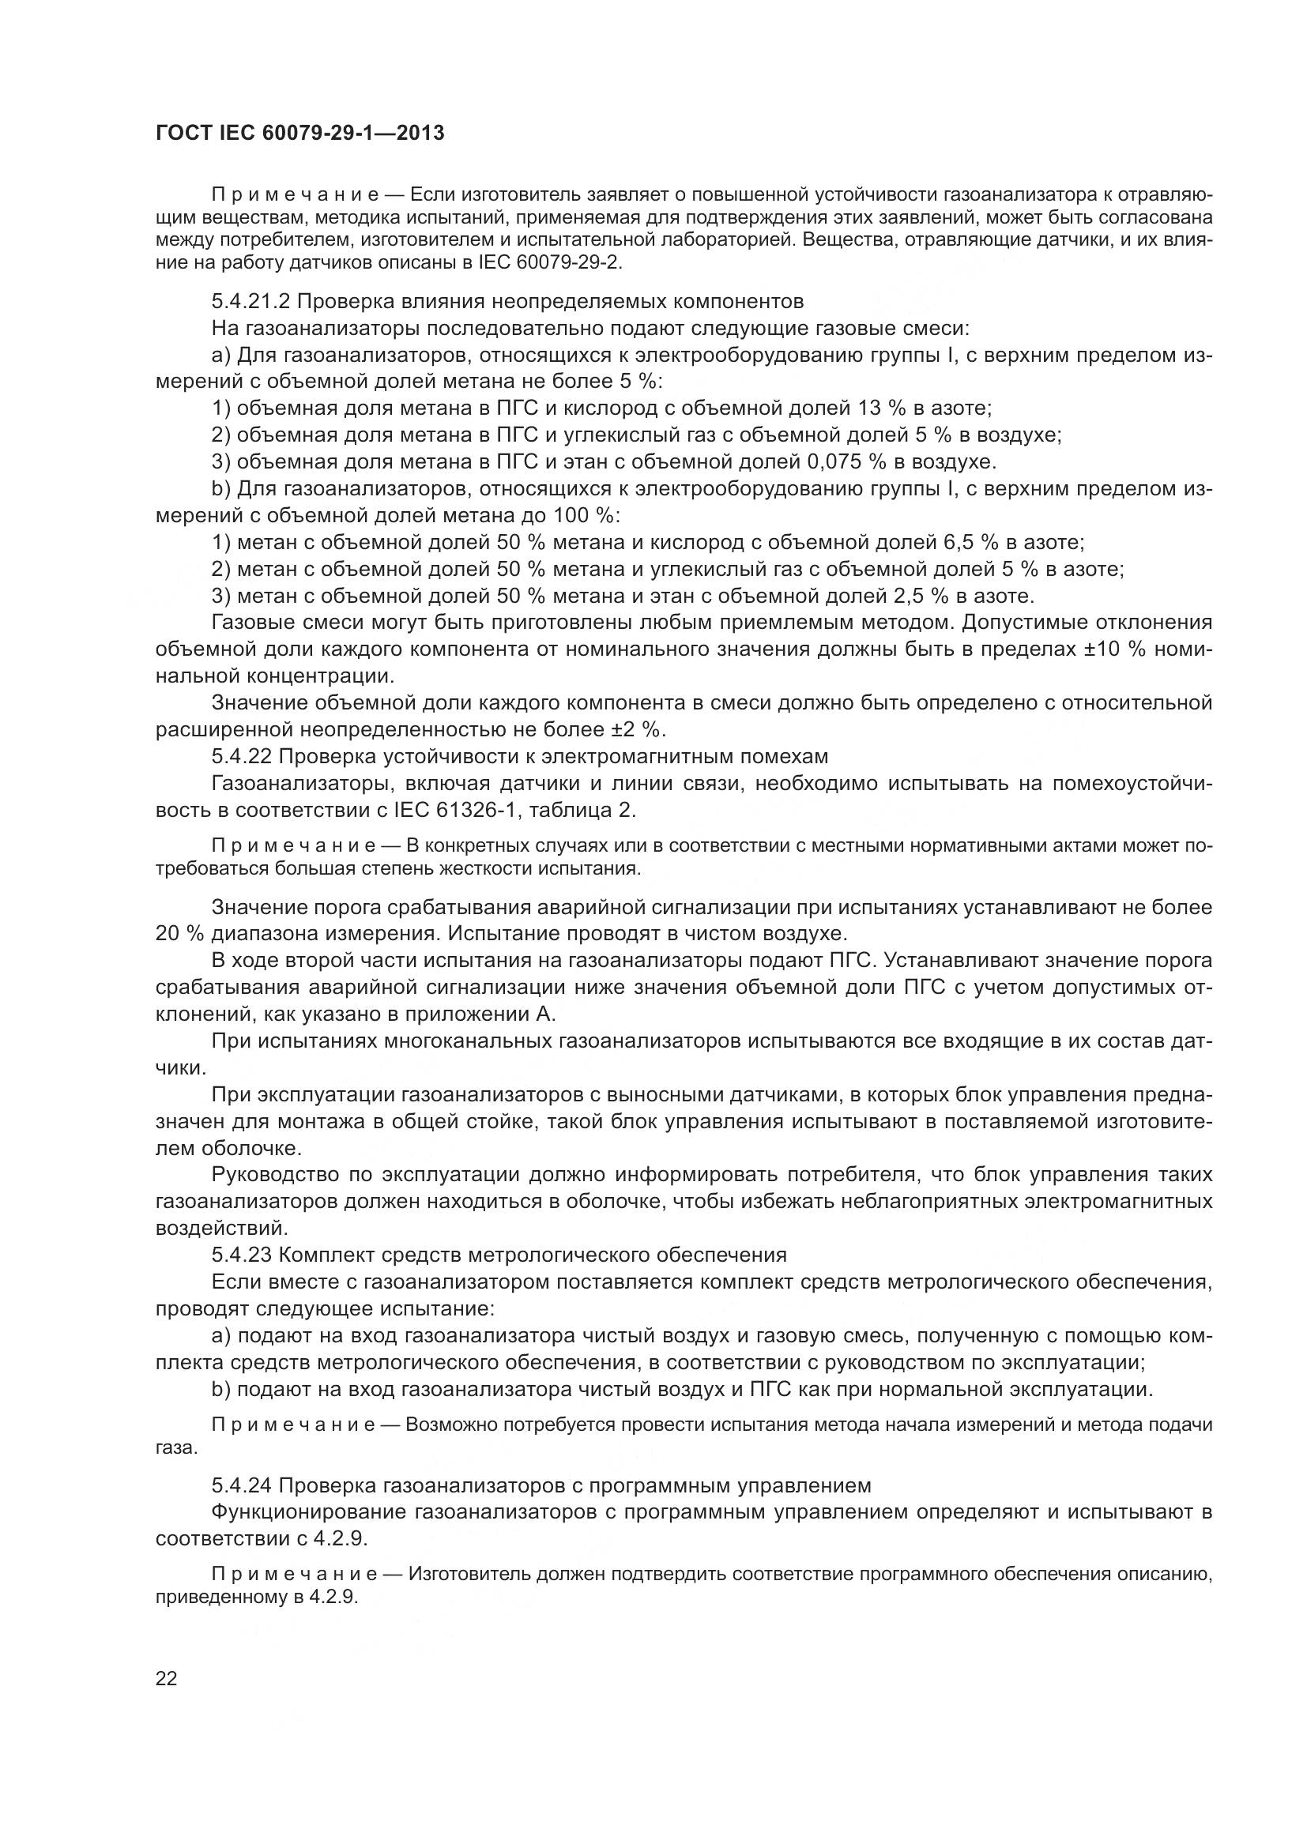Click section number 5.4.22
(242, 757)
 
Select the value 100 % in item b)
(585, 516)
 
